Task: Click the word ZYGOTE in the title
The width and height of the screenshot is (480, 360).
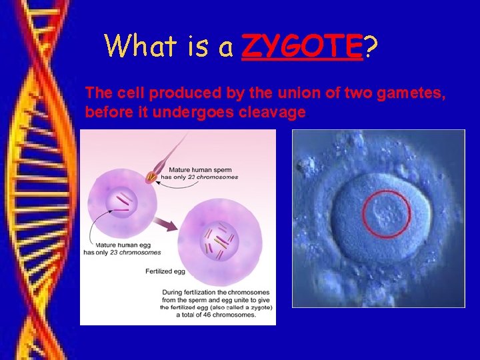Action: click(x=301, y=46)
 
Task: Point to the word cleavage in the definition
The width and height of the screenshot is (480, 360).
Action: click(x=274, y=112)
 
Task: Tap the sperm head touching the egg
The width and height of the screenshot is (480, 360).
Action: click(x=153, y=177)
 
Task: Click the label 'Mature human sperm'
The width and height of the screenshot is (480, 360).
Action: click(x=201, y=169)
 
